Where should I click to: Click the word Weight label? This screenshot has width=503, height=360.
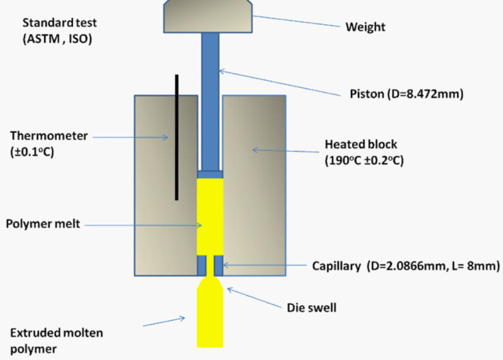[x=366, y=27]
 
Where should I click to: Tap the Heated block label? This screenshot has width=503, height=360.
[x=361, y=145]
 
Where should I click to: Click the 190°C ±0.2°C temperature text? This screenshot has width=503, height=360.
[x=364, y=161]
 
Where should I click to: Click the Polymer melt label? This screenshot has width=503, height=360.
[x=42, y=224]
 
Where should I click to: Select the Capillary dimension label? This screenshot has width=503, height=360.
[x=406, y=266]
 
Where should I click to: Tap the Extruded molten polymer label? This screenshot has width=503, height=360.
[x=54, y=340]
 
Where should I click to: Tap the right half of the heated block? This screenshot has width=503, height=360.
[x=254, y=183]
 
